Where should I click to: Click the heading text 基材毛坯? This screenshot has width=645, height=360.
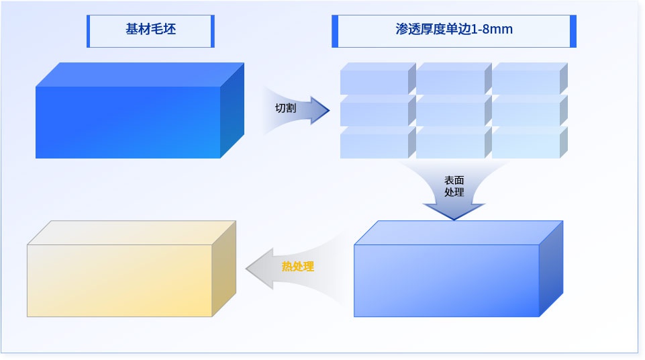150,30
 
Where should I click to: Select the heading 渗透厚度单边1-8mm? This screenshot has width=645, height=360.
454,30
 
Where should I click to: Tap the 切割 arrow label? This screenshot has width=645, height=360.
285,108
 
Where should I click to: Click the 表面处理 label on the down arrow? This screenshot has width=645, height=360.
454,186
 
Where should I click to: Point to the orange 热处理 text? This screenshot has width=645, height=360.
297,267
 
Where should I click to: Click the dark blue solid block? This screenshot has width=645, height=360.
128,122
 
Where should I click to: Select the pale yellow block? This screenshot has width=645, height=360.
119,280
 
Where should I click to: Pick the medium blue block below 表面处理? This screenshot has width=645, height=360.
446,280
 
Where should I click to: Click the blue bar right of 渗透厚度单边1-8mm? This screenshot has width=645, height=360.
573,31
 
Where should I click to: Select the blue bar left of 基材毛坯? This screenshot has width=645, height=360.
89,31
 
